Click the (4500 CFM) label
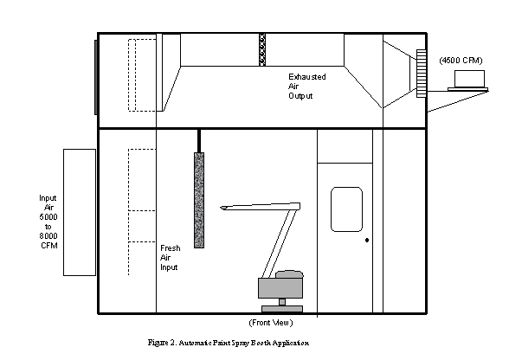461,61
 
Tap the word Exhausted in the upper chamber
307,77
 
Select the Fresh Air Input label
170,258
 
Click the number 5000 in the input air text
48,217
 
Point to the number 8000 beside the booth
48,236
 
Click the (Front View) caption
271,323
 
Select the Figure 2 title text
229,343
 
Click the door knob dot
367,241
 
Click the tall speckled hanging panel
199,200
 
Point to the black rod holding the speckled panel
199,141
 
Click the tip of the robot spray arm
221,208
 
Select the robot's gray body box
280,288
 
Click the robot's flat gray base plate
282,309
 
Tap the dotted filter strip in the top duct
262,49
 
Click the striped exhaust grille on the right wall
422,74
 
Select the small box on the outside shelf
469,79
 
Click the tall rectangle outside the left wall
80,213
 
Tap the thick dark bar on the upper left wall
96,77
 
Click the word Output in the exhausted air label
300,96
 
